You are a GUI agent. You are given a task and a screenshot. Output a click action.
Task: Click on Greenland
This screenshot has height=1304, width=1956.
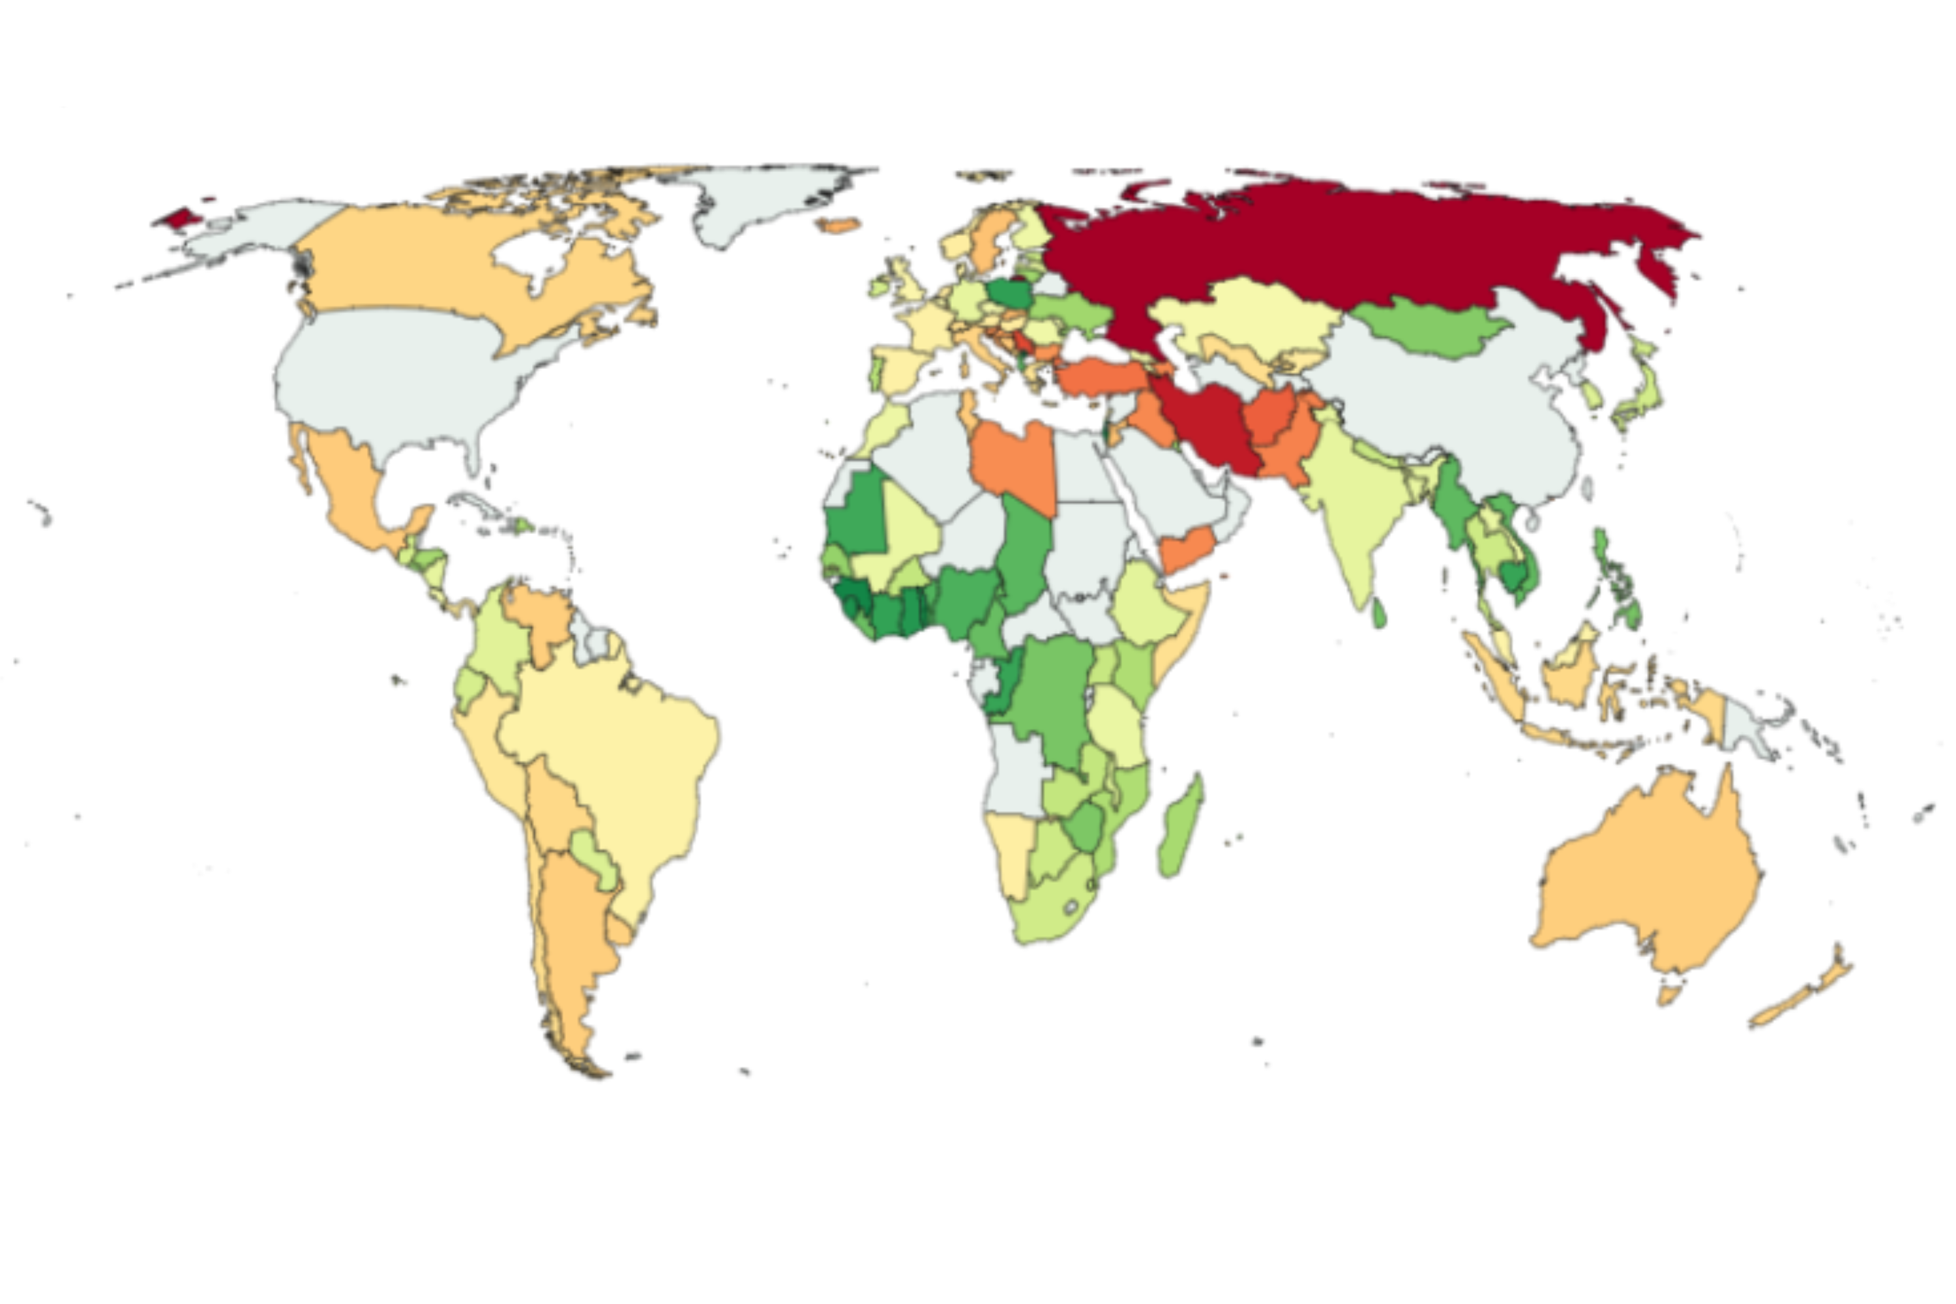pyautogui.click(x=765, y=200)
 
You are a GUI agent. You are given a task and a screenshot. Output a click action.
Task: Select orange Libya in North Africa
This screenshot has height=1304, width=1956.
pyautogui.click(x=1015, y=466)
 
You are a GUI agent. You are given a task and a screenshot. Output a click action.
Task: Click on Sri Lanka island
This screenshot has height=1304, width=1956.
pyautogui.click(x=1378, y=614)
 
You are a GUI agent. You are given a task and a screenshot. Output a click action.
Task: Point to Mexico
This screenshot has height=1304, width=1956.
pyautogui.click(x=349, y=491)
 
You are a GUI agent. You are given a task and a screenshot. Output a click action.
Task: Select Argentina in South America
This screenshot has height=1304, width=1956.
pyautogui.click(x=574, y=932)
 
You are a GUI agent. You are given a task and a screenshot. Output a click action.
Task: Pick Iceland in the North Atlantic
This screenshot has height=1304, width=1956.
pyautogui.click(x=838, y=224)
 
